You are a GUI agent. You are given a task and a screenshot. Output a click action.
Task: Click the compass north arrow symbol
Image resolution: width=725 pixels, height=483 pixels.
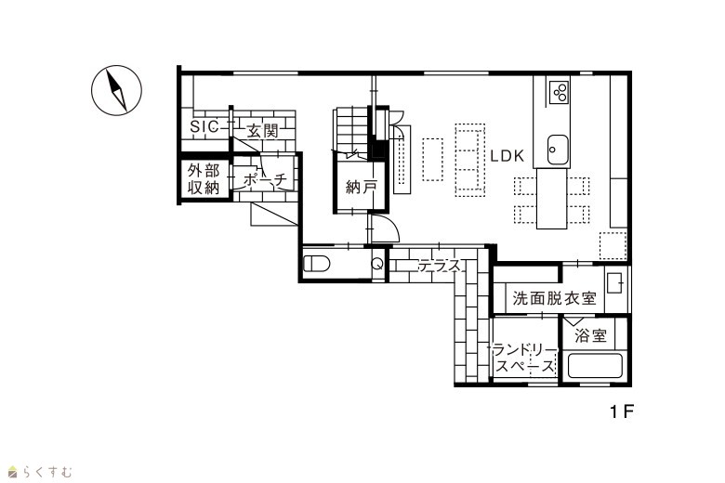coord(116,91)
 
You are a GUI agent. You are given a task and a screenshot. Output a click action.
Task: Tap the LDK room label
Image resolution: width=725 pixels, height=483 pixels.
coord(507,156)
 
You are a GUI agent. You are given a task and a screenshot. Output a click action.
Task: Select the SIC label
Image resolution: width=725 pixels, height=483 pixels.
coord(204,126)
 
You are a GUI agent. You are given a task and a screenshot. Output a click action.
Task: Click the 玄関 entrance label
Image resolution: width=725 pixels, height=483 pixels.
coord(263,131)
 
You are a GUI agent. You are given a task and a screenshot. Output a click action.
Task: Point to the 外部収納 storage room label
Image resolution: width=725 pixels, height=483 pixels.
coord(203,179)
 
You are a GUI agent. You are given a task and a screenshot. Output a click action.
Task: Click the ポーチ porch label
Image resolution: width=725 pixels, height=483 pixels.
coord(265,180)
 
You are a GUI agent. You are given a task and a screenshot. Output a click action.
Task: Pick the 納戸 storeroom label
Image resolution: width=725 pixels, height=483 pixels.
coord(362,187)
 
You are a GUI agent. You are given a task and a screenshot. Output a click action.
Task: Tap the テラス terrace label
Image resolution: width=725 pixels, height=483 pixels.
coord(440,266)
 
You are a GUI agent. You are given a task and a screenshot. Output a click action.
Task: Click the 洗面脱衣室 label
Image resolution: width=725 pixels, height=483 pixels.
coord(554,298)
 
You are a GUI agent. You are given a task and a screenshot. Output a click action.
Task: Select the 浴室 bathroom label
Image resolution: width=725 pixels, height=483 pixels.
coord(590,335)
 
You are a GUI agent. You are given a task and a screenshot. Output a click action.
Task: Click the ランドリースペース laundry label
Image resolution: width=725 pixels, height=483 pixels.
coord(525,359)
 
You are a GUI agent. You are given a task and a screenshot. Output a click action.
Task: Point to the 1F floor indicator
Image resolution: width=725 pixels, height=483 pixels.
coord(622,411)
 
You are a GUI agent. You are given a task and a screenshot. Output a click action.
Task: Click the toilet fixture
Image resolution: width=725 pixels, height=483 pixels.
coord(316,265)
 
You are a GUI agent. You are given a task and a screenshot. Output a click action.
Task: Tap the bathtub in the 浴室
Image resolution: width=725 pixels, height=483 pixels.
coord(595,366)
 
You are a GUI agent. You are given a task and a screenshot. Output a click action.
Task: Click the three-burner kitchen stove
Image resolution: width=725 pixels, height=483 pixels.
coord(559,92)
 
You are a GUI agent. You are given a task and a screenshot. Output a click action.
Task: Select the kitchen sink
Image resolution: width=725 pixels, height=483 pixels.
coord(558,150)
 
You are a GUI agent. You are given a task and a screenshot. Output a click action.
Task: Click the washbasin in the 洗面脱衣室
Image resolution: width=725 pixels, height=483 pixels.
coord(615,282)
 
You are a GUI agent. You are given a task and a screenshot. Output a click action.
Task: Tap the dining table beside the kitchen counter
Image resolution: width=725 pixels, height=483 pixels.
coord(551,198)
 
